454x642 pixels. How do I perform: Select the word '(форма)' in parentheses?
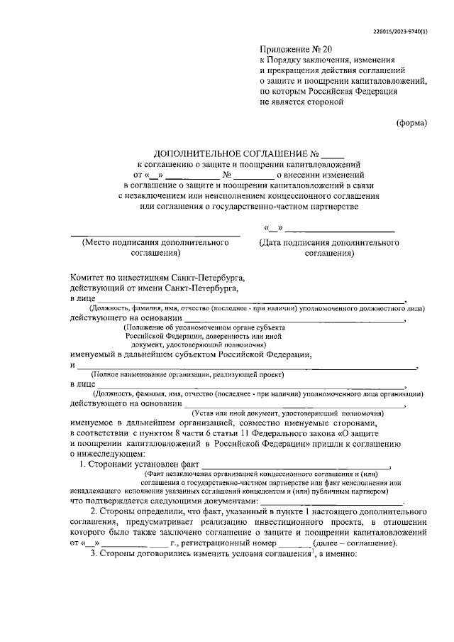pyautogui.click(x=411, y=122)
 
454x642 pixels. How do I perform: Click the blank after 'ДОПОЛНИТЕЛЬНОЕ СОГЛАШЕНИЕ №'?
pyautogui.click(x=332, y=155)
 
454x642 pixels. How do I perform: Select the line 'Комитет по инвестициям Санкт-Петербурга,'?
pyautogui.click(x=157, y=278)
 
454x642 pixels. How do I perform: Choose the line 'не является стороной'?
pyautogui.click(x=301, y=102)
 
